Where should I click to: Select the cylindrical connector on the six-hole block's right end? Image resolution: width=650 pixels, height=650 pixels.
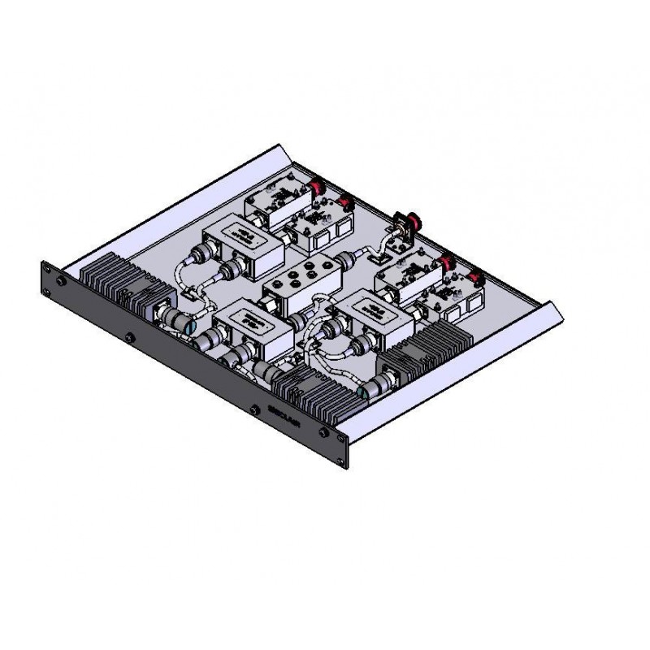[344, 262]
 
